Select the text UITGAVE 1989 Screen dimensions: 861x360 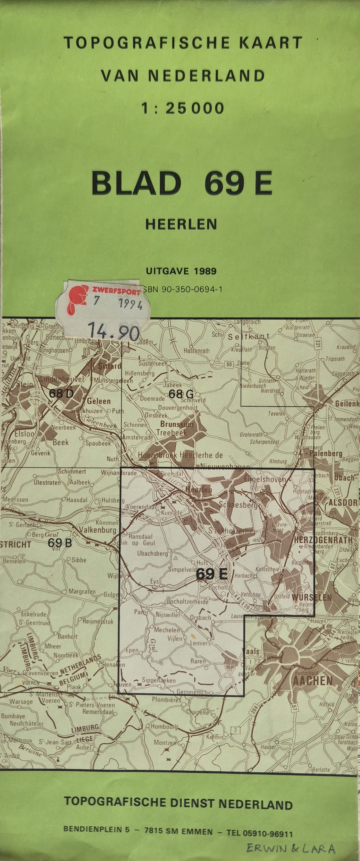[x=181, y=271]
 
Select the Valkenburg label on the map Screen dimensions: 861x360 [x=99, y=530]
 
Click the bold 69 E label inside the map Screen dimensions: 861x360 [x=212, y=574]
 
